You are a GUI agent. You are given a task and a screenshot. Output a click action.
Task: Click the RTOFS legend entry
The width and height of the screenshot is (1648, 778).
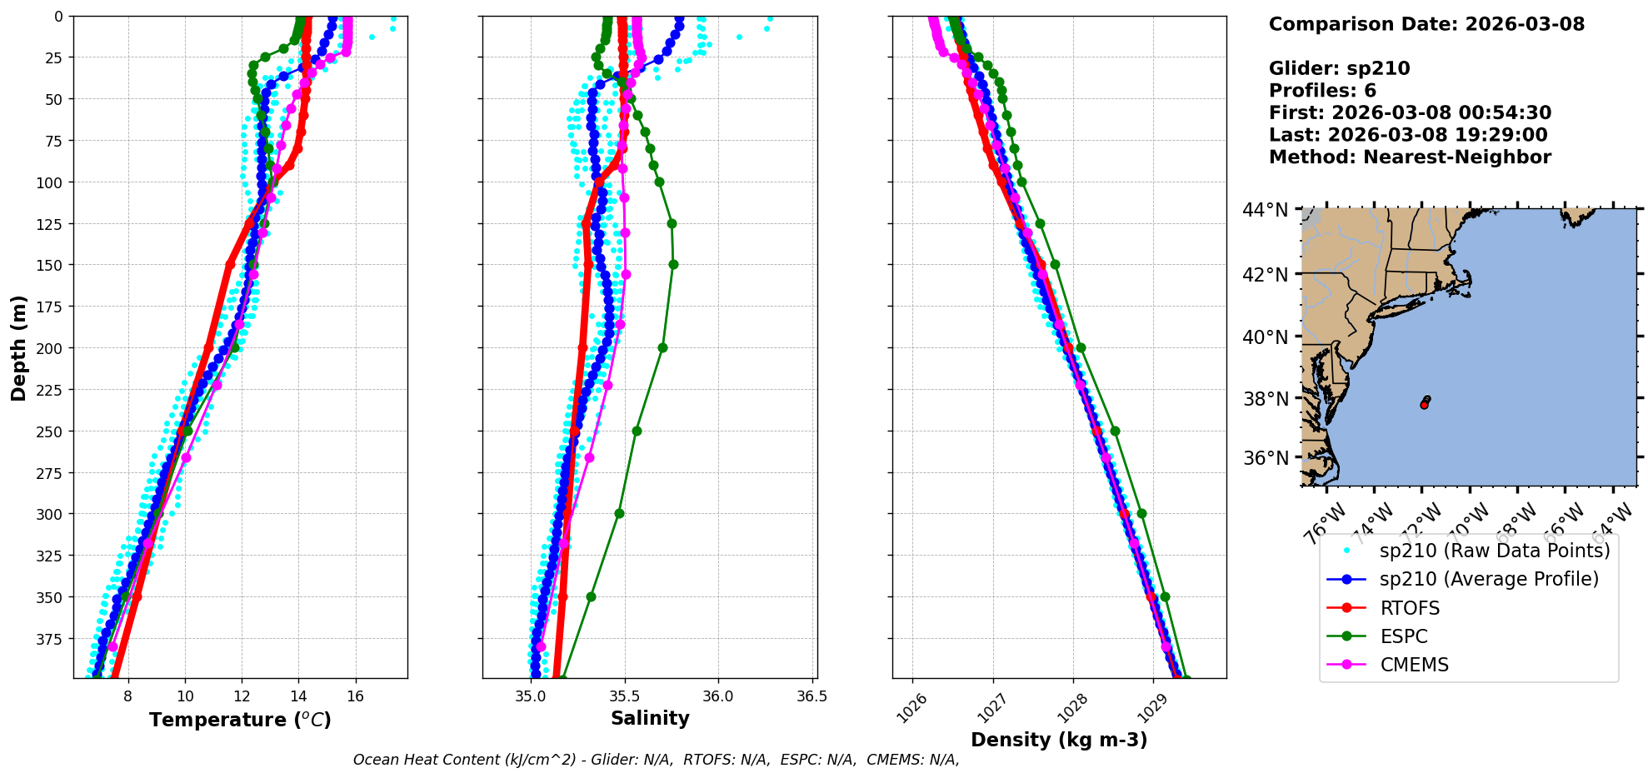1410,608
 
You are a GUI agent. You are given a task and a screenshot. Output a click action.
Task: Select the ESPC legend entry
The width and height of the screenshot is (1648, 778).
1403,636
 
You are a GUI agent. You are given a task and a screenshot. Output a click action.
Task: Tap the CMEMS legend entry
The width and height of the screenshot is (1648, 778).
1414,665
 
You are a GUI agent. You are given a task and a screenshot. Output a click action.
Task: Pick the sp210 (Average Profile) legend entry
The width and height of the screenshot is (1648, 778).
1489,579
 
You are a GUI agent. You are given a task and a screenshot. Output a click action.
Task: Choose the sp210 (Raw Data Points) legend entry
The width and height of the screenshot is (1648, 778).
1495,551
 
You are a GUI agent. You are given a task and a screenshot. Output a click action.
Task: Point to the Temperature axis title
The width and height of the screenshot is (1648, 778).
240,720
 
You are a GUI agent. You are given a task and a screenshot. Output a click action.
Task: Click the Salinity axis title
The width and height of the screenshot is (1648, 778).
650,718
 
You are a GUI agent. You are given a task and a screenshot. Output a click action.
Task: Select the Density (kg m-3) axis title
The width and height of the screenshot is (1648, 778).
1059,740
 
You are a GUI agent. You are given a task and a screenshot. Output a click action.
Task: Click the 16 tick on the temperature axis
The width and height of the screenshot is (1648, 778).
356,696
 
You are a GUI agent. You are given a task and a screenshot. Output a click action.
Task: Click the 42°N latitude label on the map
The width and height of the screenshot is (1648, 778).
1266,275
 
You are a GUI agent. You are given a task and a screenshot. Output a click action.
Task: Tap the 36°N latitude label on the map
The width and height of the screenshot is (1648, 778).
1266,458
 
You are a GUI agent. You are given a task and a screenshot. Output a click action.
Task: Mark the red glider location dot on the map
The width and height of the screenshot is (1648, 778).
1424,404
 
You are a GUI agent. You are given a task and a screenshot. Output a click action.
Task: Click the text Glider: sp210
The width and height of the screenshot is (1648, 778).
1339,68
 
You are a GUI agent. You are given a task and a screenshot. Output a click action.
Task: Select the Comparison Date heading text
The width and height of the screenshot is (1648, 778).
1426,24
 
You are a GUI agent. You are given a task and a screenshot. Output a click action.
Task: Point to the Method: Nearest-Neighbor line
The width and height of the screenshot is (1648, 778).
1410,157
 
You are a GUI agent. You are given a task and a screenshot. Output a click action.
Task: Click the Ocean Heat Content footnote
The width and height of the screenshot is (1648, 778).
656,760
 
